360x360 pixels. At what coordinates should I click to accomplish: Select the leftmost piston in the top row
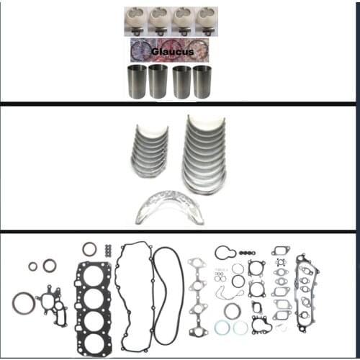135,20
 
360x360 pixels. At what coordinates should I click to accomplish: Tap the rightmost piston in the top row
206,20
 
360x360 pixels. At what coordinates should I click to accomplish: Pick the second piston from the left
158,20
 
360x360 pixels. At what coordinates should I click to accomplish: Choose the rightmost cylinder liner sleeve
202,81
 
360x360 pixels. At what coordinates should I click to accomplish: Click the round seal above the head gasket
89,249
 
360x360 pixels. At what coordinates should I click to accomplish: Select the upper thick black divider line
180,104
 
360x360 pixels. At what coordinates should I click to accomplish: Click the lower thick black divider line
180,232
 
